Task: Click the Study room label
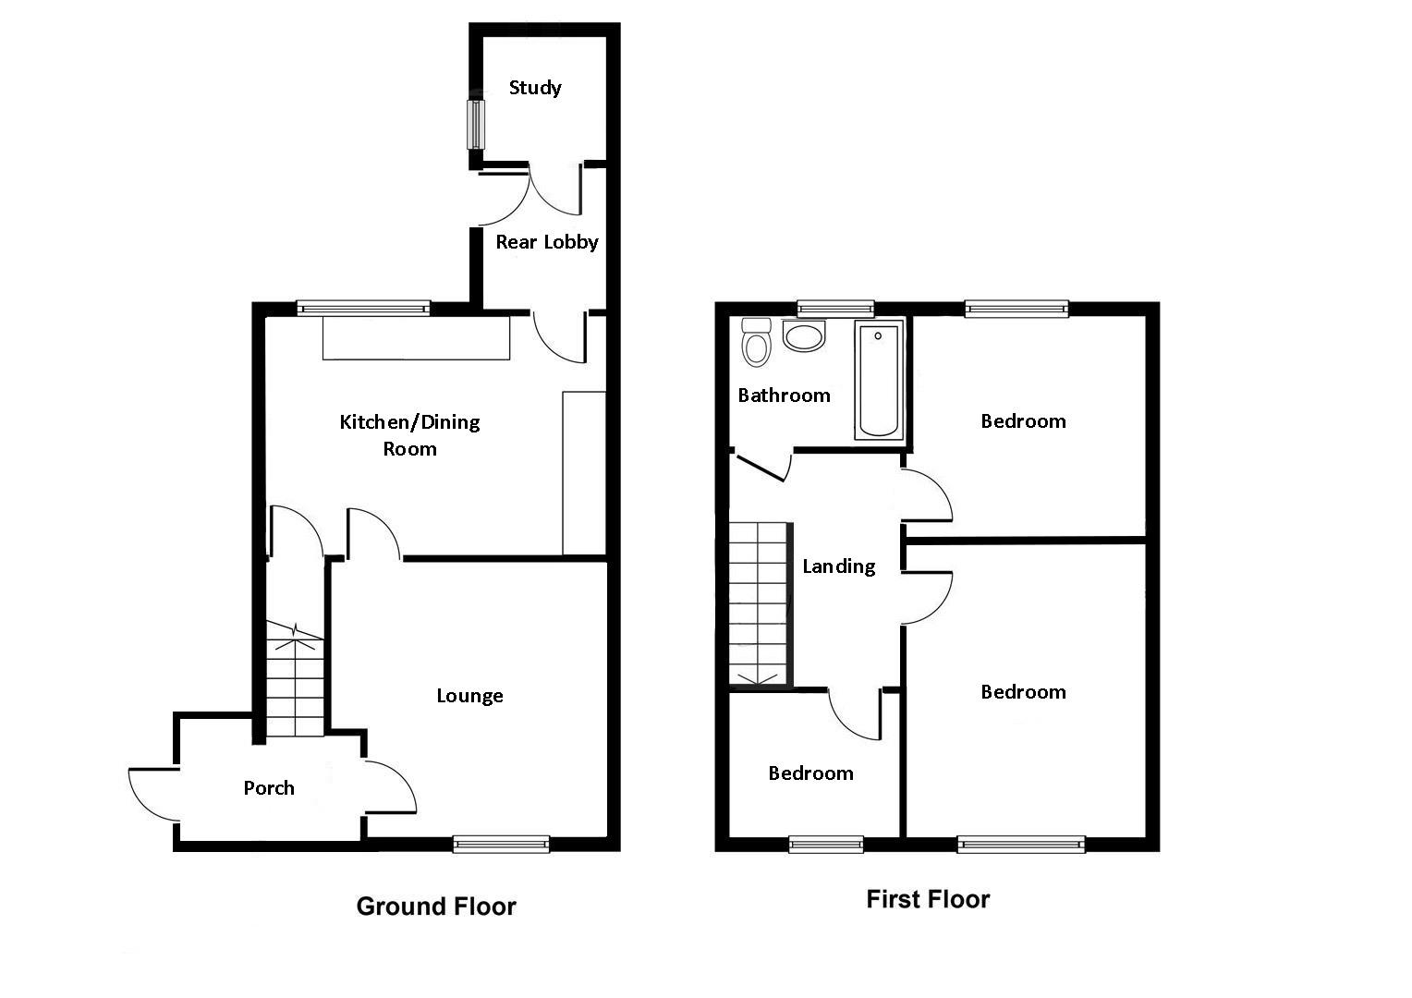point(535,88)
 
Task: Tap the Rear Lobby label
point(546,242)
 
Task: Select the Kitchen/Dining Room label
point(409,435)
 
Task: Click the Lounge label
point(469,696)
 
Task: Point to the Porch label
point(269,788)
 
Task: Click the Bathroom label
point(784,396)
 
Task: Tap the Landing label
point(838,566)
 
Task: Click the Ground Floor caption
point(436,907)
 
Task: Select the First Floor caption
point(928,899)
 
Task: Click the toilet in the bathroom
point(756,343)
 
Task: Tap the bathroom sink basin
point(803,336)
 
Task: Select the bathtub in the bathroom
point(878,380)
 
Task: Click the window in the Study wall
point(476,124)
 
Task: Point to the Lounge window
point(501,843)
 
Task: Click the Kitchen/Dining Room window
point(363,309)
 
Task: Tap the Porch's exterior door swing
point(152,794)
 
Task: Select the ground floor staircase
point(295,679)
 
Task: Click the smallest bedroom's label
point(810,773)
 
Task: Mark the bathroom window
point(835,309)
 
